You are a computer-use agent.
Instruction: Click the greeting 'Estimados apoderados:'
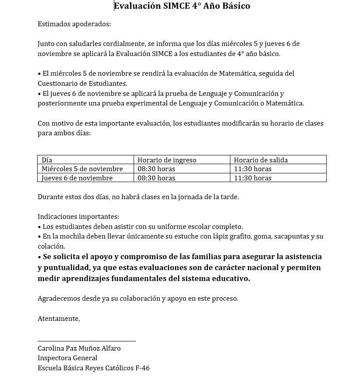coord(74,24)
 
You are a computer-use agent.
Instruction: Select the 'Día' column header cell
coord(47,160)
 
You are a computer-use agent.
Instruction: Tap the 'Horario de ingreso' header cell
coord(167,160)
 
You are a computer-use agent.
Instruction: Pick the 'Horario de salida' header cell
coord(261,160)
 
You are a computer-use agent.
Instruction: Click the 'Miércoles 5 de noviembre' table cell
coord(82,169)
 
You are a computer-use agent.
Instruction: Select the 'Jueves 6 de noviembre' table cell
coord(77,178)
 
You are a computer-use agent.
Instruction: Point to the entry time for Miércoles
coord(156,169)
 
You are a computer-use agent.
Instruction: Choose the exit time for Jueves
coord(252,178)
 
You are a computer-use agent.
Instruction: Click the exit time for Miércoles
coord(252,169)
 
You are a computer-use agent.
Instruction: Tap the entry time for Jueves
coord(156,178)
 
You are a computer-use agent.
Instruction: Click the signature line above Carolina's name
coord(87,341)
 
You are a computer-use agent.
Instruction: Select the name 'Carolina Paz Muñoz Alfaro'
coord(79,348)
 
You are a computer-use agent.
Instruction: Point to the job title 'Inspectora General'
coord(67,358)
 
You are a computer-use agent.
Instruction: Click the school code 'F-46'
coord(142,368)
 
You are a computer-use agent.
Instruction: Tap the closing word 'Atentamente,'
coord(59,319)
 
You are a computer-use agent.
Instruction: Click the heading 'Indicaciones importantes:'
coord(78,217)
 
